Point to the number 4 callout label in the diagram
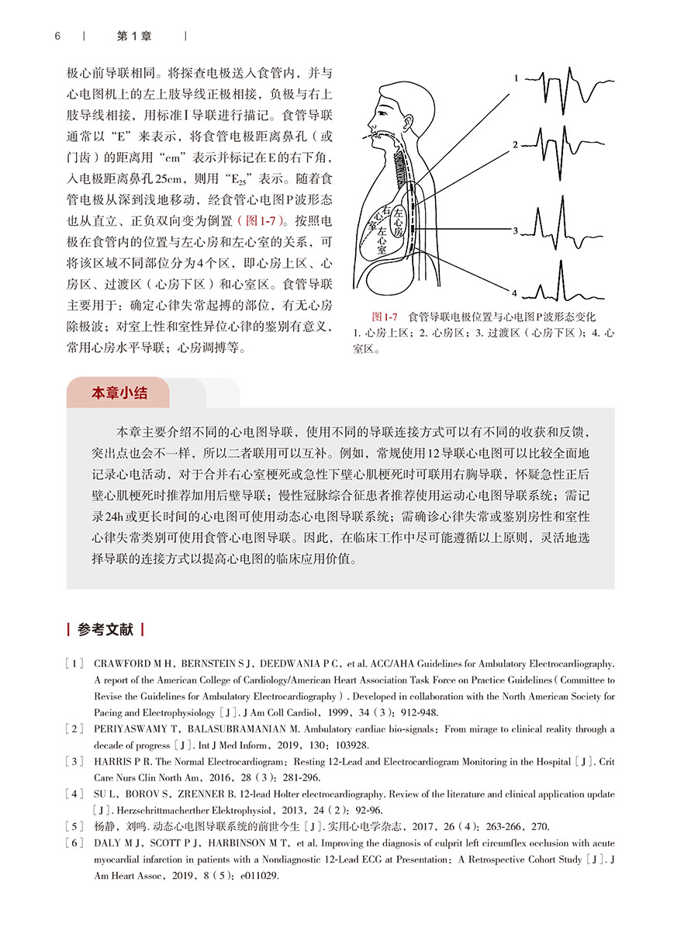pyautogui.click(x=515, y=292)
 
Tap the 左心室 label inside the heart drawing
pyautogui.click(x=382, y=236)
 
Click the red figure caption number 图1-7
pyautogui.click(x=385, y=317)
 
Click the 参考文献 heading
pyautogui.click(x=105, y=630)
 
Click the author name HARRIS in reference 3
pyautogui.click(x=112, y=762)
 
